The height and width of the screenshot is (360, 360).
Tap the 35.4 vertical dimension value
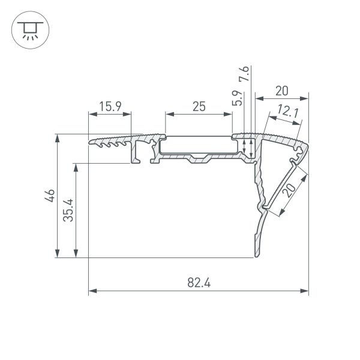(69, 210)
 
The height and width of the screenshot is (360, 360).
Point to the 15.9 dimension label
(110, 107)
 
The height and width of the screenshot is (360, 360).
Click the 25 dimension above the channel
(199, 107)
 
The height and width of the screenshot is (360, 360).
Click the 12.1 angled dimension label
(287, 112)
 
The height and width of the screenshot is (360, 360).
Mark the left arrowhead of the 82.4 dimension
(91, 292)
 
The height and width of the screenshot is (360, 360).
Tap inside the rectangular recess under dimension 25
(198, 146)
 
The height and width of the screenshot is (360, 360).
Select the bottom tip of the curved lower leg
(255, 257)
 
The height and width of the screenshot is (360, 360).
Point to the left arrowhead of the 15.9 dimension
(91, 114)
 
